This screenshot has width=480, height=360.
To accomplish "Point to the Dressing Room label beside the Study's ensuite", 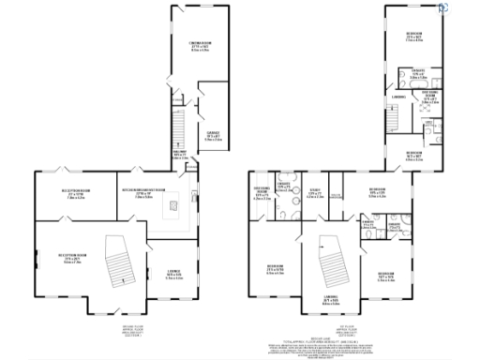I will pyautogui.click(x=262, y=194).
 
